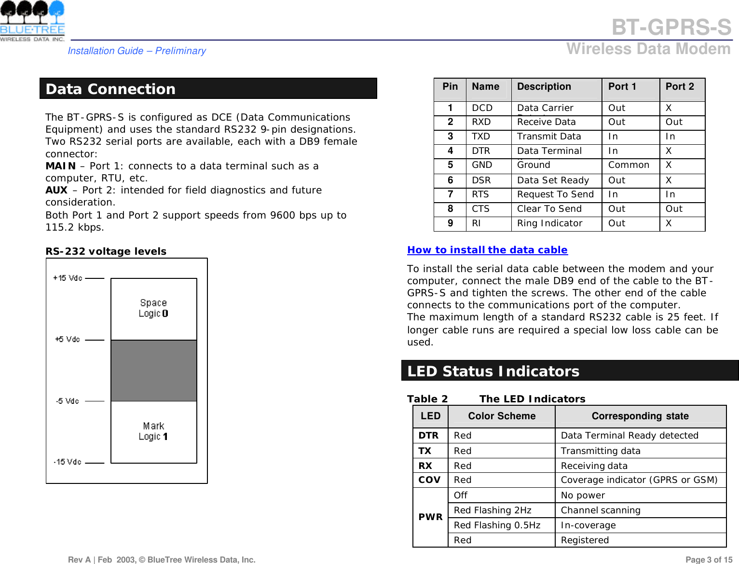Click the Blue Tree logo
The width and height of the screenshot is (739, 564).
[32, 21]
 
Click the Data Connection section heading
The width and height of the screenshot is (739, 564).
[111, 89]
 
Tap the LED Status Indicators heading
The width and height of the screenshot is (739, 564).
[493, 371]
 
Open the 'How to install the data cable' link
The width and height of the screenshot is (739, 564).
[487, 250]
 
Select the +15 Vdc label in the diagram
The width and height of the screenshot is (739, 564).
[68, 278]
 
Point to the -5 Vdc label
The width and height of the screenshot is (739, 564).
[68, 401]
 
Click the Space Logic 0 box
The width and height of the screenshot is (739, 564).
[153, 309]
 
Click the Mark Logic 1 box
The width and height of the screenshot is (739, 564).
[153, 432]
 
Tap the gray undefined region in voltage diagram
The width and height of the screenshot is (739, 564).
[153, 371]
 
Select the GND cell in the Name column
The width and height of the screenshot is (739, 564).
[482, 165]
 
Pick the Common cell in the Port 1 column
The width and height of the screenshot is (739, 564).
[629, 165]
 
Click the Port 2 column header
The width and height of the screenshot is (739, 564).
[680, 87]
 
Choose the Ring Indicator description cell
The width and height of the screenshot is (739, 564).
[549, 223]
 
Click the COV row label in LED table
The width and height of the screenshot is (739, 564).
[429, 480]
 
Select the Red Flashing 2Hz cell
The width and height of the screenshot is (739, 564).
[493, 510]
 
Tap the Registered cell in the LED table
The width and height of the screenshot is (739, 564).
[585, 540]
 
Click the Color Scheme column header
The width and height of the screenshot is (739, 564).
[502, 416]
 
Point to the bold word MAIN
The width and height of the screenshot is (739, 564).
[60, 166]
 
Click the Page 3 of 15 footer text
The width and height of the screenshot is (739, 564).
[709, 560]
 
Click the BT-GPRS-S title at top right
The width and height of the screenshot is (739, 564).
[671, 28]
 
